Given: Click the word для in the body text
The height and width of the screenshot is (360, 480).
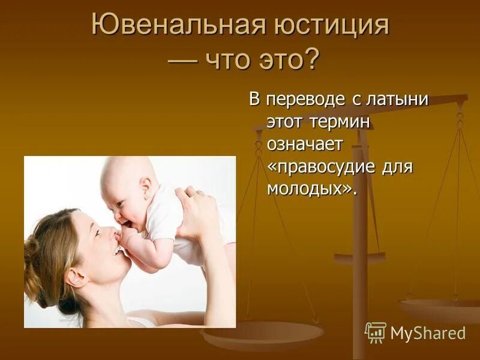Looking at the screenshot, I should (397, 166).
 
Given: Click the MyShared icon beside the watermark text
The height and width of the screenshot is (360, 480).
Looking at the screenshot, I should (376, 332).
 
